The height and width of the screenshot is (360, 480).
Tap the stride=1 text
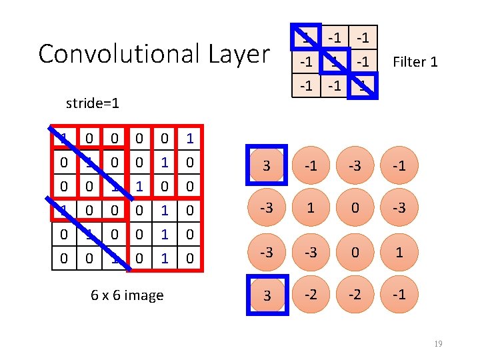[x=93, y=103]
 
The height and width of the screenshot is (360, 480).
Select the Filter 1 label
[x=415, y=62]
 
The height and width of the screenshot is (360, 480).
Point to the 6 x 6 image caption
[x=127, y=295]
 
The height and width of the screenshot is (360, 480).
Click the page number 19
[x=437, y=343]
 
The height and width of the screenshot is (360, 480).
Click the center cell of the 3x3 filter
[x=335, y=62]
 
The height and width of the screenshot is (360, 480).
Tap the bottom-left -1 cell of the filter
[x=307, y=85]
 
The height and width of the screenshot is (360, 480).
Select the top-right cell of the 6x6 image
[x=190, y=139]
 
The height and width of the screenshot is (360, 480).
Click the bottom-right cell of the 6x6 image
[x=190, y=258]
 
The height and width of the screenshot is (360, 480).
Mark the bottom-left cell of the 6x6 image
[x=63, y=258]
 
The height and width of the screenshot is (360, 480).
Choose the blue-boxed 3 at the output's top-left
[x=267, y=165]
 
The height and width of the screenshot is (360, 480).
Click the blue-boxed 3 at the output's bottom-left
[x=267, y=295]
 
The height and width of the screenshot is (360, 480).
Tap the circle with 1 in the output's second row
[x=311, y=208]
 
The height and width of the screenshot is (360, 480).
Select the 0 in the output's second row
[x=355, y=208]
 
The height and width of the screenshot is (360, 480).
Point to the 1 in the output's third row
[x=399, y=252]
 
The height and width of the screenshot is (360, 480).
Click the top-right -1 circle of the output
[x=399, y=165]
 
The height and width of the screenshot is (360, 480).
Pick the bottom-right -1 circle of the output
[x=399, y=295]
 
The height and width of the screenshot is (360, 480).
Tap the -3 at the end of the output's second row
[x=399, y=208]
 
